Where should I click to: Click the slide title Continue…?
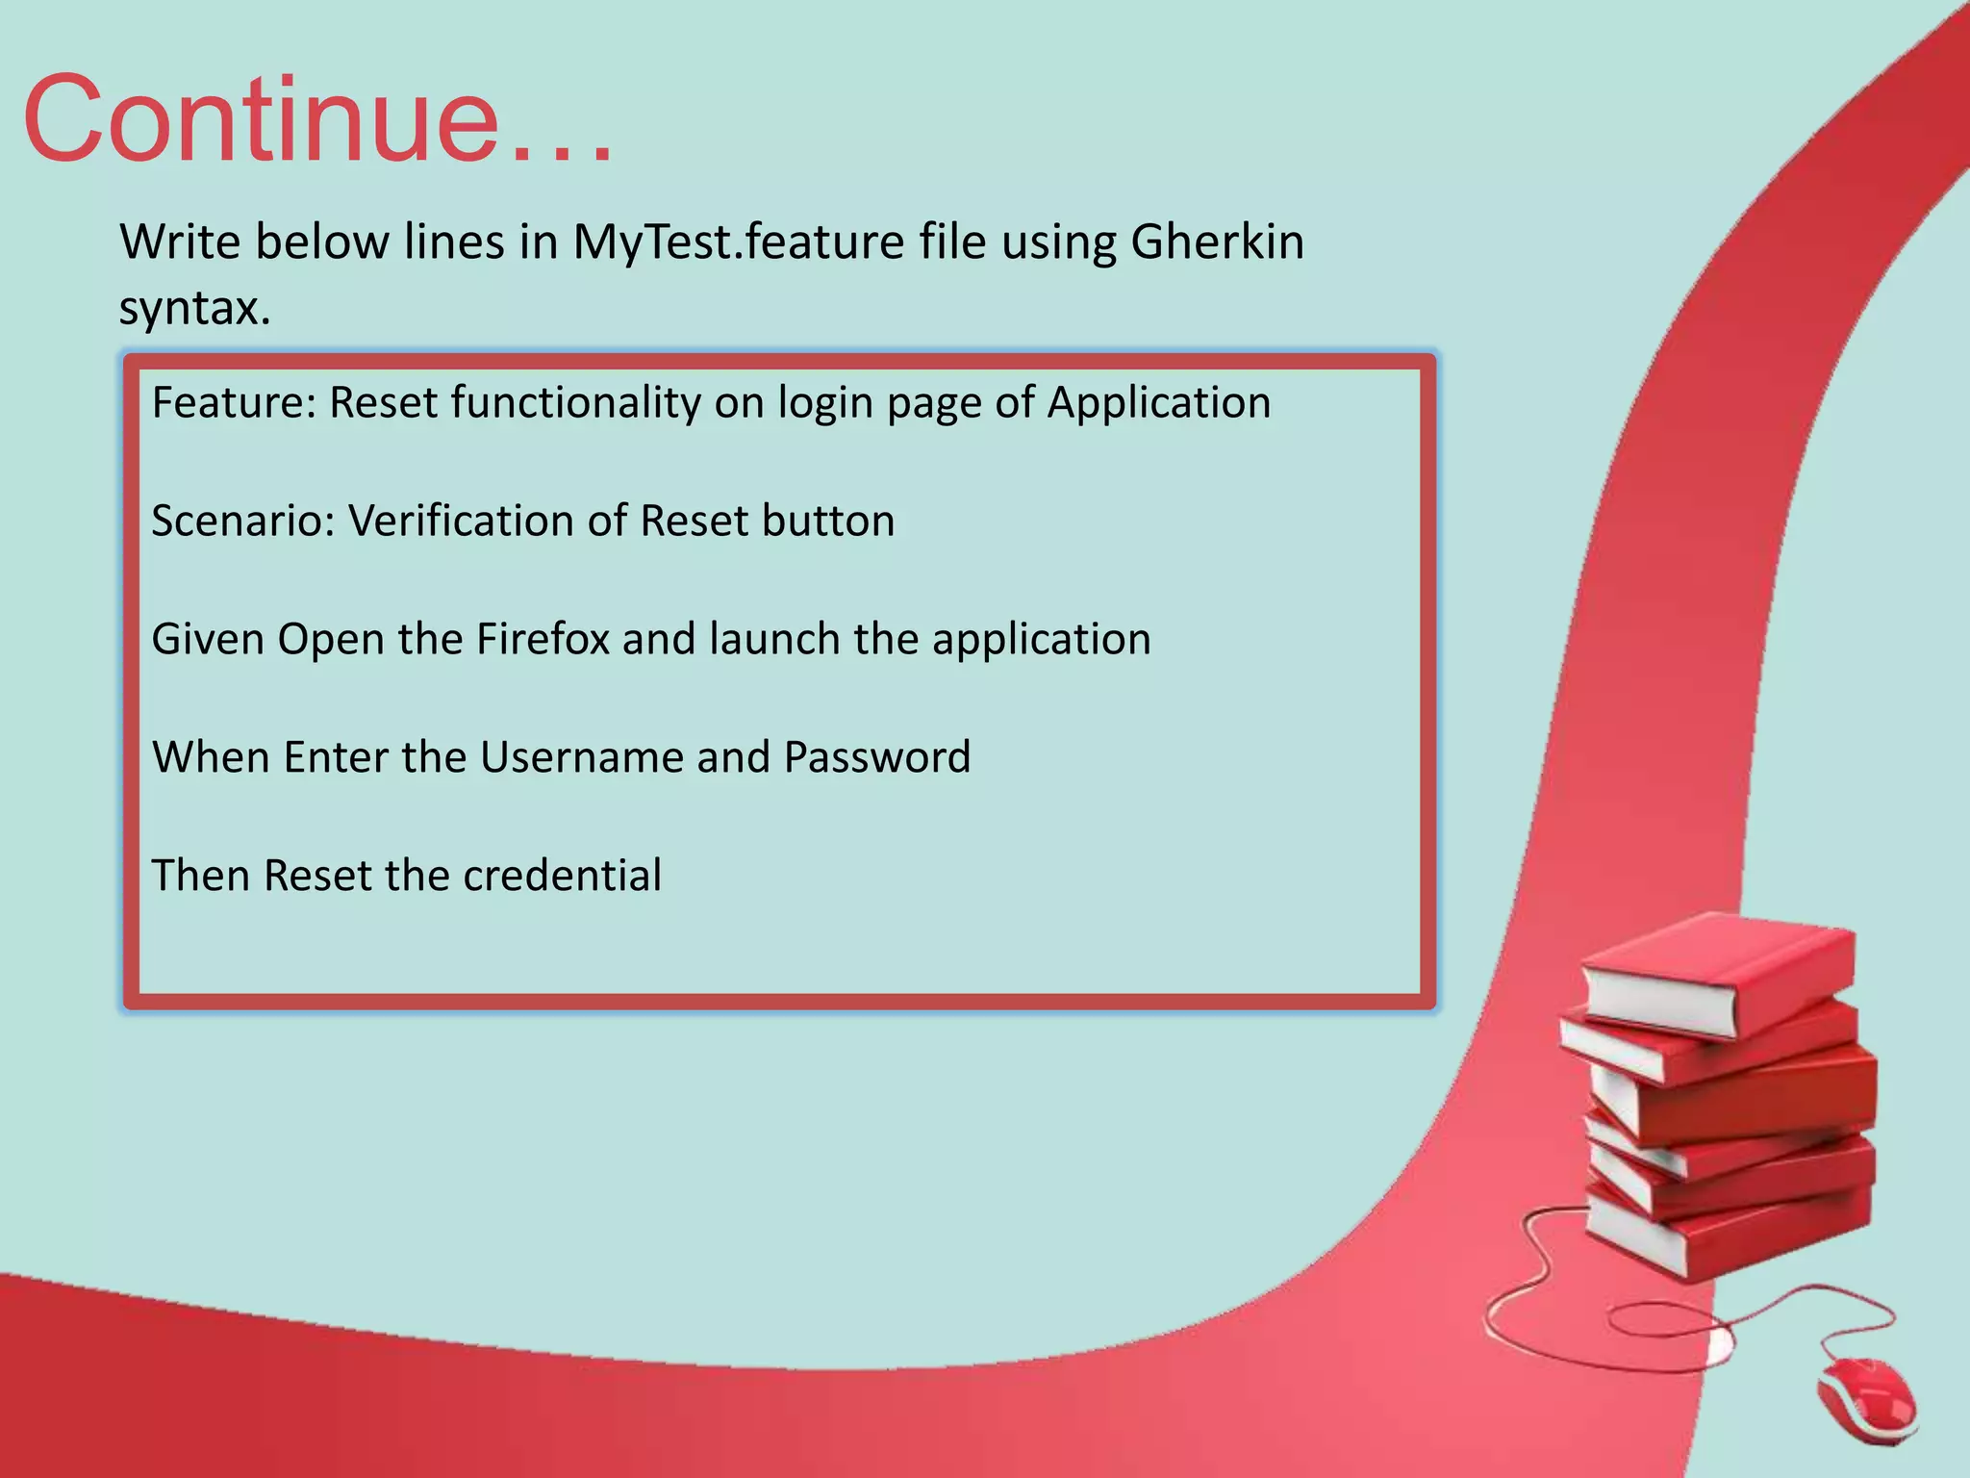[x=317, y=120]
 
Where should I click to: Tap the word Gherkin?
[x=1217, y=242]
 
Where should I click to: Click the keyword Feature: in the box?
[x=234, y=402]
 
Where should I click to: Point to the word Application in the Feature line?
[x=1158, y=404]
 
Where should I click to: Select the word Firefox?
[x=543, y=639]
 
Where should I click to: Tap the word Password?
[x=876, y=757]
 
